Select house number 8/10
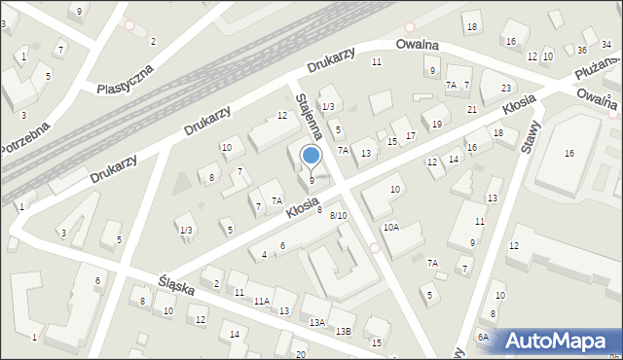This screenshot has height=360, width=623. (x=338, y=215)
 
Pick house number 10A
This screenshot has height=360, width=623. (x=390, y=227)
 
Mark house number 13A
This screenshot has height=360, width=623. (x=316, y=321)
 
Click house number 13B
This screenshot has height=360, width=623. (x=343, y=331)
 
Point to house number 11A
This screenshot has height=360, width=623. (x=261, y=302)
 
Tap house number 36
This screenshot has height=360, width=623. (x=581, y=50)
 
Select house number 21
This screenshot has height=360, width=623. (x=472, y=109)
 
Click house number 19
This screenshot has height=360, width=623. (x=437, y=124)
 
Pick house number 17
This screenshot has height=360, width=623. (x=411, y=134)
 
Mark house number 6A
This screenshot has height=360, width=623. (x=482, y=337)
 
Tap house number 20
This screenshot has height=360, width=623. (x=301, y=354)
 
